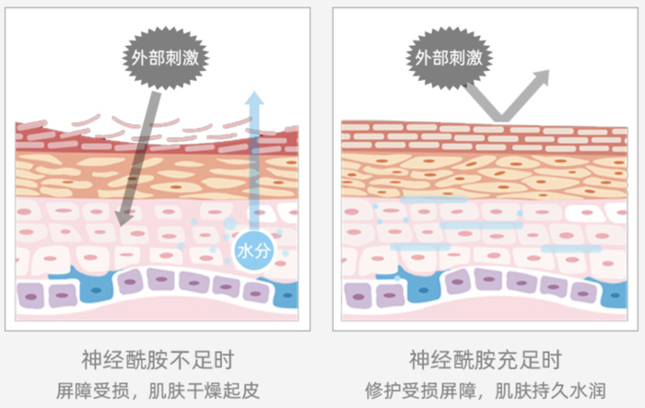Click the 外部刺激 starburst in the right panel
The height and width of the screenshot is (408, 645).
click(x=449, y=57)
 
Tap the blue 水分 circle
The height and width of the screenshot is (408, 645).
click(x=252, y=251)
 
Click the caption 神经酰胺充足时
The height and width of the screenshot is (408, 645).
click(x=485, y=358)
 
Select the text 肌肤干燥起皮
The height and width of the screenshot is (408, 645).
click(x=204, y=388)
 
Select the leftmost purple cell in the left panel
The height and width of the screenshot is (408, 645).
click(x=31, y=296)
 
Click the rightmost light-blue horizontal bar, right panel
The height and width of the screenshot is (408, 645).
click(x=570, y=249)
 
